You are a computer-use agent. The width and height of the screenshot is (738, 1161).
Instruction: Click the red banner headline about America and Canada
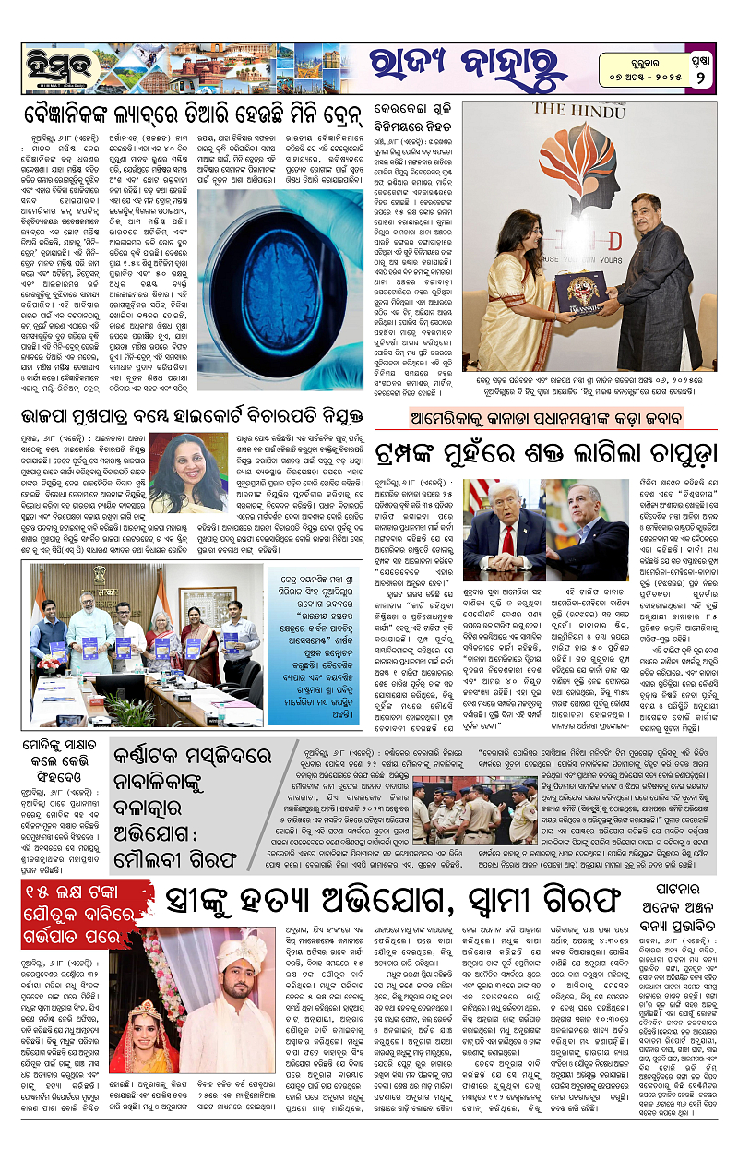549,417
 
